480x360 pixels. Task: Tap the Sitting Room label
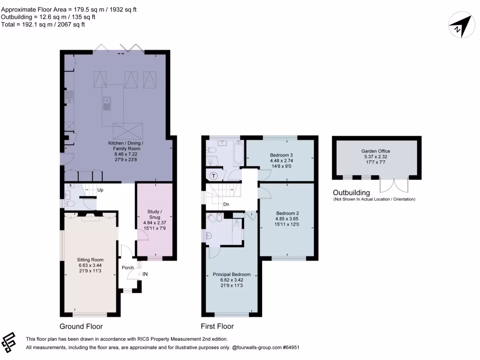90,260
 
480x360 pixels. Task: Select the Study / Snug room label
155,214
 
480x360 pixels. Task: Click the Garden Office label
375,151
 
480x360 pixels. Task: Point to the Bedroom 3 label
281,155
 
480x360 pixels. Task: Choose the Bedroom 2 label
287,213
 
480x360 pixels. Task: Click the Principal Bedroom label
232,274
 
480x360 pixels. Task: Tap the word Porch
127,268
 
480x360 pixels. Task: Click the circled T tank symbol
214,176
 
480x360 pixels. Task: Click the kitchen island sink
106,104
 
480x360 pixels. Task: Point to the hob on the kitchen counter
69,97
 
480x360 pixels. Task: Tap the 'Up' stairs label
100,190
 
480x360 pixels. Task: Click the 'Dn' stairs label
226,204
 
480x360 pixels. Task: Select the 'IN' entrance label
145,274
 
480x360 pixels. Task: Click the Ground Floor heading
81,326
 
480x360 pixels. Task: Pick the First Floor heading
217,326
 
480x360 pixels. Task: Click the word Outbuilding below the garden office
352,193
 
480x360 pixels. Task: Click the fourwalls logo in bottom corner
8,343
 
